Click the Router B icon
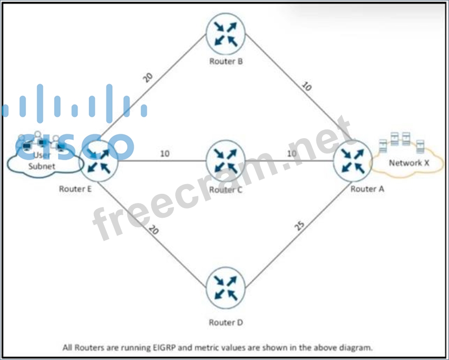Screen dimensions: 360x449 pos(226,34)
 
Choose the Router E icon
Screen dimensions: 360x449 pos(99,161)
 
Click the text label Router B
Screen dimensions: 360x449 pos(226,62)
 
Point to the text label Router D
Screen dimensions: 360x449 pos(226,322)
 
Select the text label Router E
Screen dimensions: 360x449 pos(75,189)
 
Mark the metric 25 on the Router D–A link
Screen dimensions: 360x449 pos(300,225)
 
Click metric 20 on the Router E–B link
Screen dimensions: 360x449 pos(148,77)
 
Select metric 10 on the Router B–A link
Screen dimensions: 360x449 pos(306,87)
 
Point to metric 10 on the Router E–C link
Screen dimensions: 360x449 pos(165,153)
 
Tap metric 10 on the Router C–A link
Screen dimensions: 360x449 pos(292,153)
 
